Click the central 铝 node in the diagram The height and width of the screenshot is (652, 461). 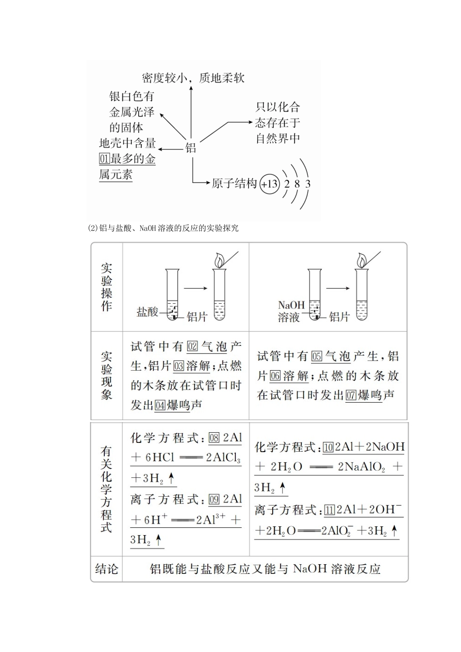(191, 147)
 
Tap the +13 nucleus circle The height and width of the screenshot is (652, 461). (269, 184)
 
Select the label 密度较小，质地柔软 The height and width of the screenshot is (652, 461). (193, 78)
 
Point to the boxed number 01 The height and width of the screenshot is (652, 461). (104, 159)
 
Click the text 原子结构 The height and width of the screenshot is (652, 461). (234, 183)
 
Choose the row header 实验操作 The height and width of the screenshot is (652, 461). (107, 287)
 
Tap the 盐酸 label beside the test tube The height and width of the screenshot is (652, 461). (148, 311)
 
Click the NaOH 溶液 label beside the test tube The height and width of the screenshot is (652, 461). (291, 311)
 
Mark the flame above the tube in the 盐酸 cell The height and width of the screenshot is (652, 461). (220, 260)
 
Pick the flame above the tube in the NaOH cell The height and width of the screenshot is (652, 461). (362, 260)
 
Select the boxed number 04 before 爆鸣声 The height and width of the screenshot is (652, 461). (160, 406)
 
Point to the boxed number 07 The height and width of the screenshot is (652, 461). (351, 395)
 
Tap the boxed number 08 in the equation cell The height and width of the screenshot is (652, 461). (214, 438)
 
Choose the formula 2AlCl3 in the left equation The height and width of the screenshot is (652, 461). (223, 458)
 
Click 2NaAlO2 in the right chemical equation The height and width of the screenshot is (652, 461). (361, 467)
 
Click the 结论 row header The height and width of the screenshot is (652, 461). (107, 568)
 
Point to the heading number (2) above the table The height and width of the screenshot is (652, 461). (93, 228)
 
